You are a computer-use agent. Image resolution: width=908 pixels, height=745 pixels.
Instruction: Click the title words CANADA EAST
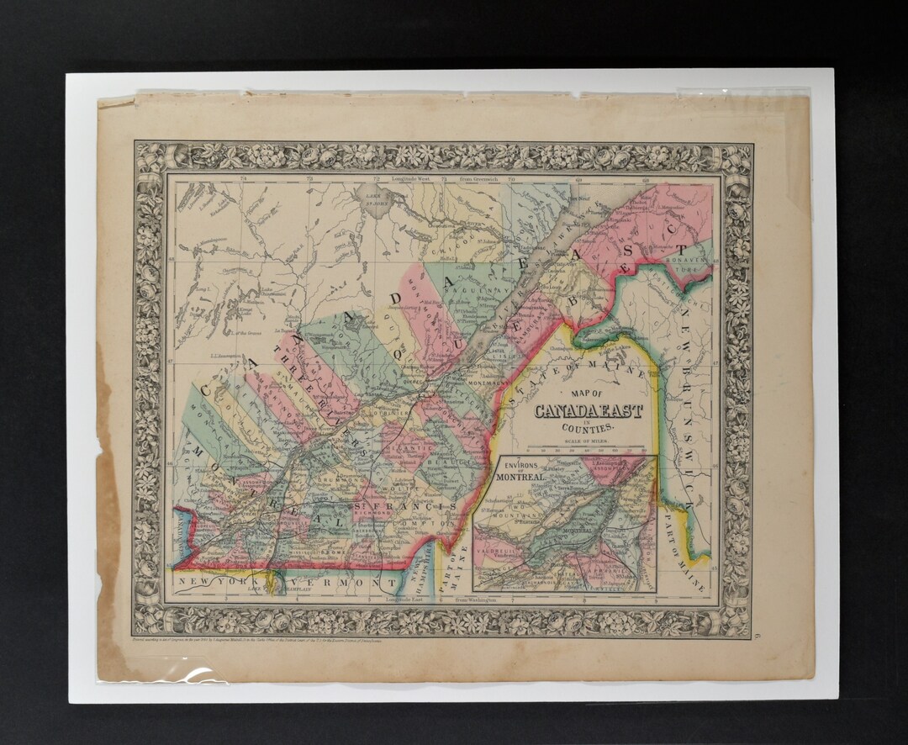(x=588, y=411)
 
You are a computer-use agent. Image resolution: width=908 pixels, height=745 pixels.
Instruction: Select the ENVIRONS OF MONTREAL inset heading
(x=515, y=471)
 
